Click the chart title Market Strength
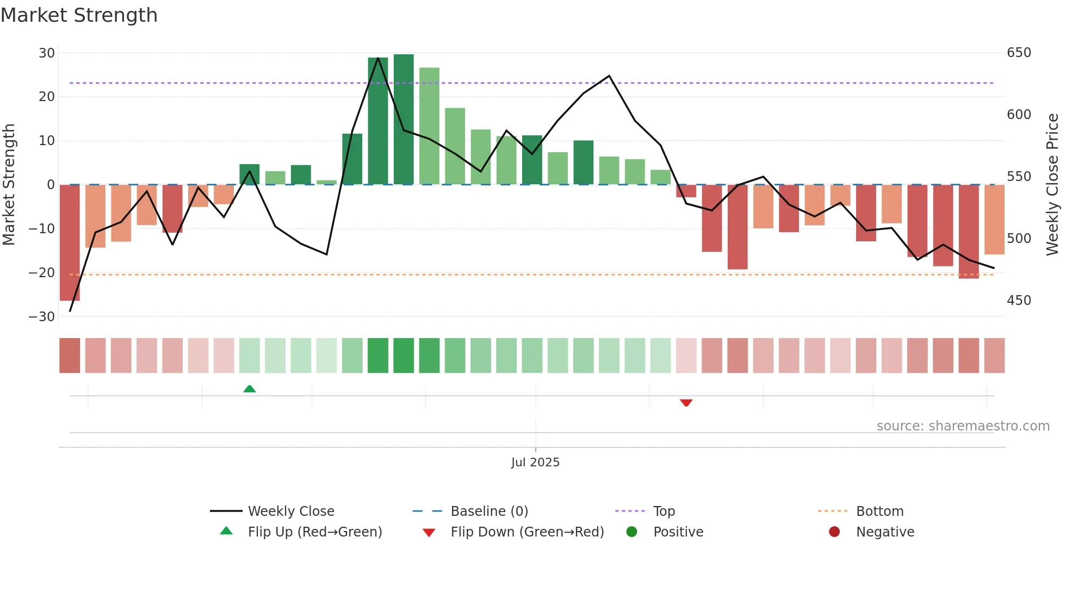(79, 15)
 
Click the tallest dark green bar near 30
(404, 120)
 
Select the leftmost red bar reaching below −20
(70, 242)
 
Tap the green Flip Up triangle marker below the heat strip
(250, 389)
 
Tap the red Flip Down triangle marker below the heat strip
(686, 403)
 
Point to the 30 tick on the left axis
(47, 53)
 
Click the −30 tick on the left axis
(42, 317)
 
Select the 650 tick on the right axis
(1019, 53)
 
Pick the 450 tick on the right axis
(1019, 301)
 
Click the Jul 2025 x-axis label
(535, 463)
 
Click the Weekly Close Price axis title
(1052, 185)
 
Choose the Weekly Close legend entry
(291, 511)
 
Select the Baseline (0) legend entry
(489, 511)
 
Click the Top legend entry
(664, 511)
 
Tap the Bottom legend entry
(879, 511)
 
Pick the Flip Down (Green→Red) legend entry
(527, 532)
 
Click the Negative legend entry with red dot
(885, 532)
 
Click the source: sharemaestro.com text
(963, 426)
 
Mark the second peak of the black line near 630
(609, 76)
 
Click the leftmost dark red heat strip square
(70, 355)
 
